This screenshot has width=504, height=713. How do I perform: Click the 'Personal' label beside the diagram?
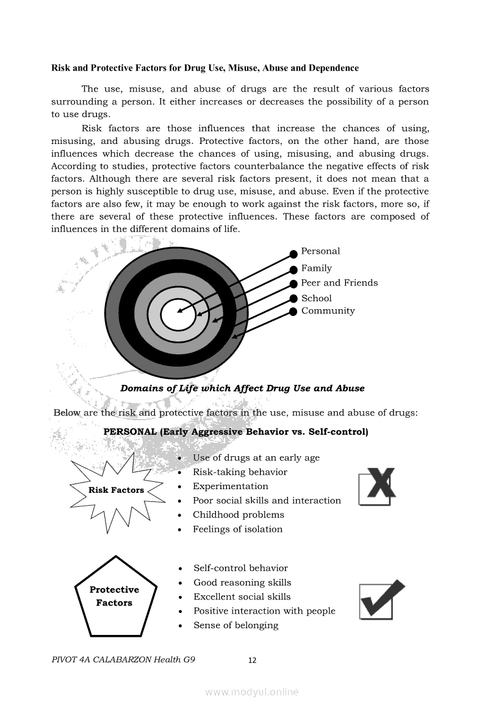click(320, 251)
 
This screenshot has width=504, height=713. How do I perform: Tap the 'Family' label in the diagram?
click(316, 268)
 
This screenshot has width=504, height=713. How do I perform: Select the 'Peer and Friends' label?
click(339, 283)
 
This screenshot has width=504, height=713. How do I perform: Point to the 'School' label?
click(316, 298)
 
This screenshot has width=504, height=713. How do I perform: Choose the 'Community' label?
click(328, 311)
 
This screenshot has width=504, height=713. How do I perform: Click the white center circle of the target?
click(178, 315)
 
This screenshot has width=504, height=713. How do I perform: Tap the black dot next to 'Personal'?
click(293, 253)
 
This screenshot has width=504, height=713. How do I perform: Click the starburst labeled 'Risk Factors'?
click(117, 490)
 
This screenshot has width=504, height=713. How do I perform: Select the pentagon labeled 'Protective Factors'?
click(115, 597)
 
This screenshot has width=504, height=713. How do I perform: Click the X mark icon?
click(376, 485)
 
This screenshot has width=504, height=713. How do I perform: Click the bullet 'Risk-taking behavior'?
click(240, 472)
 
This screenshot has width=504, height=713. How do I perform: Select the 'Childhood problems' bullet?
click(238, 515)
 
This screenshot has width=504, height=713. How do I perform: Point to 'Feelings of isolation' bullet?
click(237, 529)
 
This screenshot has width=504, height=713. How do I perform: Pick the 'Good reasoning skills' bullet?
click(242, 582)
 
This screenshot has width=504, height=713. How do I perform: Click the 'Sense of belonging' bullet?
click(236, 625)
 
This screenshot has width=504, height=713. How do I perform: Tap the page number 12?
click(253, 660)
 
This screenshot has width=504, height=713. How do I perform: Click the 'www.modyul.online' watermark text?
click(252, 692)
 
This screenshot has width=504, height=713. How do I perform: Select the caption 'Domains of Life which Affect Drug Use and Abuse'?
click(242, 389)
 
